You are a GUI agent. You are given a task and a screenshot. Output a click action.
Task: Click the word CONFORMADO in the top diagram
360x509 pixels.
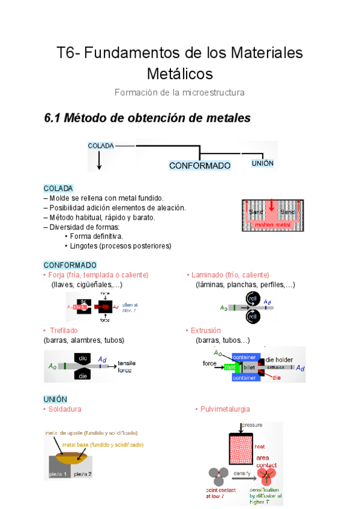pos(200,165)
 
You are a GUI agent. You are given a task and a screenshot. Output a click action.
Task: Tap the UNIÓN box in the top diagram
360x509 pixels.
pos(262,163)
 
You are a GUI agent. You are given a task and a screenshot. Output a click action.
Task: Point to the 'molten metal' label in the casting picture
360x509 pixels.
pos(272,225)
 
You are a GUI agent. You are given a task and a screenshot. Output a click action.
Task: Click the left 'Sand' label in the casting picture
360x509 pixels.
pos(256,212)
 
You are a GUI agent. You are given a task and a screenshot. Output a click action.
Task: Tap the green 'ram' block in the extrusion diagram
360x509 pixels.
pos(230,366)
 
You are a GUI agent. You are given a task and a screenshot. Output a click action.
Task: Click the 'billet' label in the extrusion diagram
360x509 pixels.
pos(248,366)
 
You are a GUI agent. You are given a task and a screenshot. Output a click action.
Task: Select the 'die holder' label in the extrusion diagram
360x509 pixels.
pos(279,360)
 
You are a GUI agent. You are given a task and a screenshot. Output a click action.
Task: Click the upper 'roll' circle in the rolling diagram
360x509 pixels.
pos(253,298)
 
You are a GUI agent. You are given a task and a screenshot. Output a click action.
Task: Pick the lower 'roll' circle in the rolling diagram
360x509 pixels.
pos(253,316)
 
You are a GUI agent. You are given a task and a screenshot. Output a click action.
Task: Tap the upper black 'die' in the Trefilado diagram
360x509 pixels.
pos(83,358)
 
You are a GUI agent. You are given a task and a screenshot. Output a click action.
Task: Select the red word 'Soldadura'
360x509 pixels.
pos(64,409)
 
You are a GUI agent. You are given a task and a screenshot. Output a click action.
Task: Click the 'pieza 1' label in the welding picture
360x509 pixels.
pos(58,474)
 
